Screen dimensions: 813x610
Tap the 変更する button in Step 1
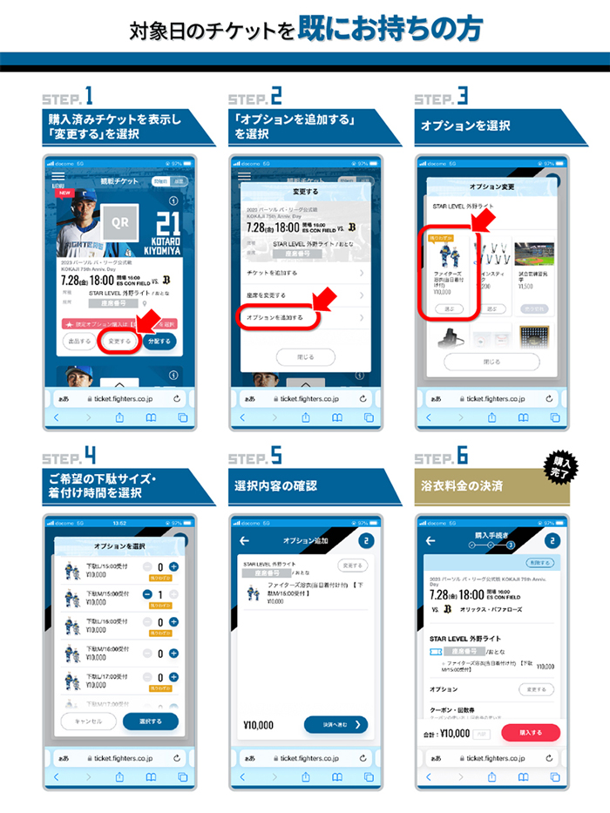tap(120, 342)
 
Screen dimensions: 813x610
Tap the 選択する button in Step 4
tap(150, 722)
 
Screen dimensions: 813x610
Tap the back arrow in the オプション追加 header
tap(244, 541)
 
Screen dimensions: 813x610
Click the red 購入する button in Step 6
tap(531, 733)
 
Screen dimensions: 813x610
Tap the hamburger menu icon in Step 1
tap(58, 179)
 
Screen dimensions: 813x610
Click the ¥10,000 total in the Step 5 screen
tap(259, 725)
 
